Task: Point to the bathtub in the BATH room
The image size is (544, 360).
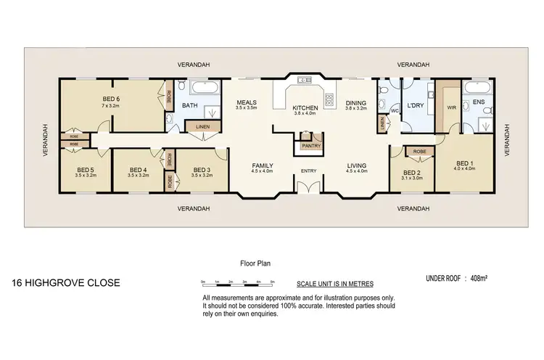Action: tap(202, 89)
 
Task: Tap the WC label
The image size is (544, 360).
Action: tap(395, 111)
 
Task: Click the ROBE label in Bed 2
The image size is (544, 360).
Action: tap(419, 152)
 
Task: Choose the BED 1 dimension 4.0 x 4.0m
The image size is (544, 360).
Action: tap(464, 168)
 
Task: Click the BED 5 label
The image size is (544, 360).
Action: tap(86, 170)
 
